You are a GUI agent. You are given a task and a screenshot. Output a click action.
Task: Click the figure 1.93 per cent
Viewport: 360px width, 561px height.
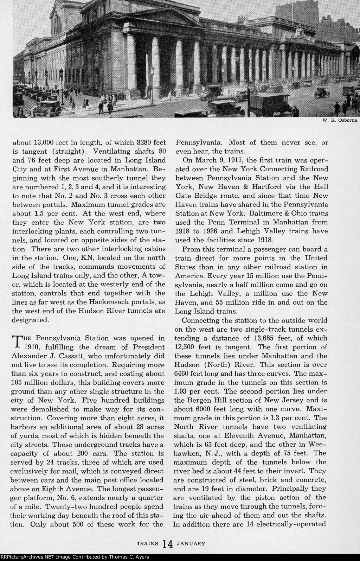click(x=182, y=391)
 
